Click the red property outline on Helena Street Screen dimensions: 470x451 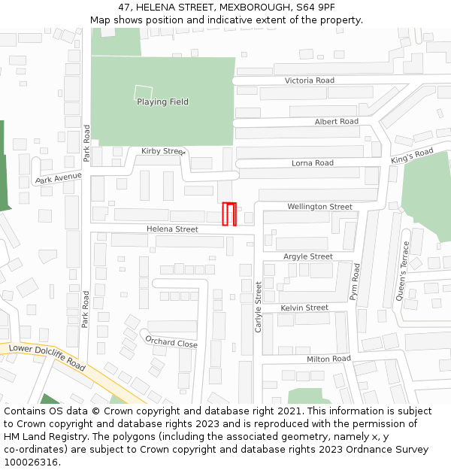[x=229, y=214]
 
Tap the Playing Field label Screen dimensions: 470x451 [x=162, y=102]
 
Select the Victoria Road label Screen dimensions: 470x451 [x=309, y=80]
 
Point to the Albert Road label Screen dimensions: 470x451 [x=336, y=122]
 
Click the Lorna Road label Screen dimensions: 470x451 [x=312, y=163]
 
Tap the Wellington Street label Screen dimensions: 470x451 [x=319, y=207]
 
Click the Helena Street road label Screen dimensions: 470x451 [x=172, y=229]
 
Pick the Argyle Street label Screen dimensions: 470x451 [x=307, y=256]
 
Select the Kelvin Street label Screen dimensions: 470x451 [x=304, y=308]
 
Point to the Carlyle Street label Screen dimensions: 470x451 [x=259, y=307]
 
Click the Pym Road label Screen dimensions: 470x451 [x=356, y=282]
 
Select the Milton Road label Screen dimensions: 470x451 [x=328, y=359]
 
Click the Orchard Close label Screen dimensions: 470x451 [x=171, y=343]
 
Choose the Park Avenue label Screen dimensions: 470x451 [x=58, y=178]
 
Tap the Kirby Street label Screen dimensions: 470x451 [x=162, y=151]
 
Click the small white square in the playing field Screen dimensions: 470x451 [x=143, y=93]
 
